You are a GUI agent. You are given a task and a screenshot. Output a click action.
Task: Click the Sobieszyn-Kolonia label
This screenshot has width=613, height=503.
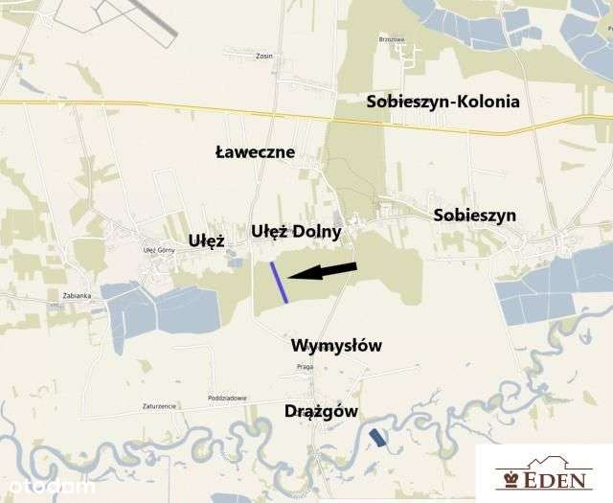pyautogui.click(x=443, y=101)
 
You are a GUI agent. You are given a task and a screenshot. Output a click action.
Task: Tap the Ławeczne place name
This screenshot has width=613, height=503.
pyautogui.click(x=255, y=152)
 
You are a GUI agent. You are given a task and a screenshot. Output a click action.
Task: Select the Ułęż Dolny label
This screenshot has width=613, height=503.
pyautogui.click(x=296, y=231)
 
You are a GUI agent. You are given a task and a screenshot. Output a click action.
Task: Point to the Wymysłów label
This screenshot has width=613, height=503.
pyautogui.click(x=336, y=345)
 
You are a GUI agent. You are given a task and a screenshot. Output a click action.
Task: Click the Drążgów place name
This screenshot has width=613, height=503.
pyautogui.click(x=322, y=411)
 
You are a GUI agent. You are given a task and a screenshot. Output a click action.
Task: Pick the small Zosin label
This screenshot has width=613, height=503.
pyautogui.click(x=264, y=56)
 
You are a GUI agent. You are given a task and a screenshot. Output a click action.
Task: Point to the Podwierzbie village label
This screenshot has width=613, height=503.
pyautogui.click(x=227, y=398)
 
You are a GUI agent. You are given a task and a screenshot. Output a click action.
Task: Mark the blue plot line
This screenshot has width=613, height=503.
pyautogui.click(x=279, y=283)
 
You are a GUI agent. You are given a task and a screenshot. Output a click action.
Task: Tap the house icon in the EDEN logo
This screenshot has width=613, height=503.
pyautogui.click(x=509, y=475)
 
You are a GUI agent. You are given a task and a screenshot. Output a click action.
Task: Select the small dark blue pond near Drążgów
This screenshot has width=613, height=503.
pyautogui.click(x=379, y=438)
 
